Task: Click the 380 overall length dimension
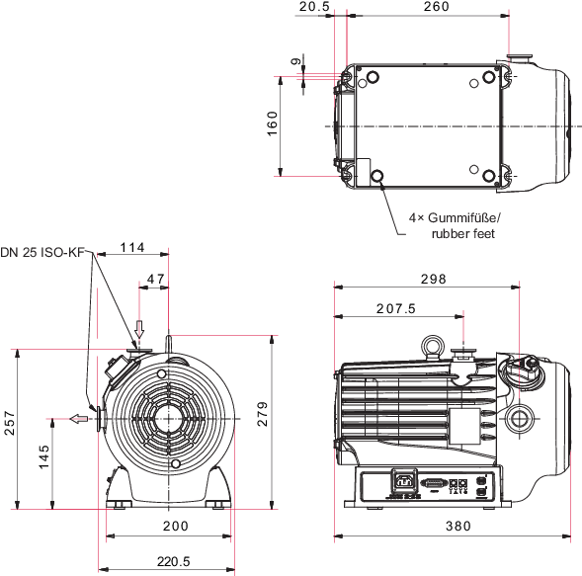point(458,526)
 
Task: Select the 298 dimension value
point(433,279)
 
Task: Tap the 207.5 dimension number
point(396,308)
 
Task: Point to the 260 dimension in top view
point(436,6)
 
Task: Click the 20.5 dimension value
point(314,6)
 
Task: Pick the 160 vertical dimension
point(273,123)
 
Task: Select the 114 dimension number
point(132,247)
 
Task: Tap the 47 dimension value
point(155,279)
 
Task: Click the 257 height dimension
point(10,423)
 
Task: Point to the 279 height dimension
point(263,414)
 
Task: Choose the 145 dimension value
point(43,456)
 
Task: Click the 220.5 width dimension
point(173,561)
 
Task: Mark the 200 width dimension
point(176,526)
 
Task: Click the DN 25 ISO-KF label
point(42,252)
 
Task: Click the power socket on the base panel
point(404,482)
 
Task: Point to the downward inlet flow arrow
point(139,329)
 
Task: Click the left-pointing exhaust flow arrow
point(79,419)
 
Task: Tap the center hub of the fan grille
point(169,419)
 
